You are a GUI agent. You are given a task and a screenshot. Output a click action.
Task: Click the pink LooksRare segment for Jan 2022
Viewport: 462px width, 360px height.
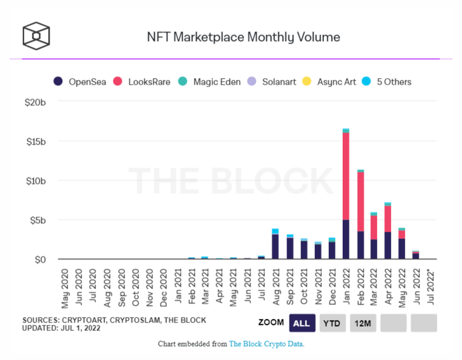pyautogui.click(x=346, y=176)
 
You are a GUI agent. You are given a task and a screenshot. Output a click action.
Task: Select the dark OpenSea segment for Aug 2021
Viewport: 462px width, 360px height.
pyautogui.click(x=275, y=247)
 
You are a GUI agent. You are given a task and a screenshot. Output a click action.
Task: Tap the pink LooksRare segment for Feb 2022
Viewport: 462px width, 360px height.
pyautogui.click(x=360, y=201)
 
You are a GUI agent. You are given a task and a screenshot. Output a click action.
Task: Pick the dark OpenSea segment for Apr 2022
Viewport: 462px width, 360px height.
pyautogui.click(x=388, y=246)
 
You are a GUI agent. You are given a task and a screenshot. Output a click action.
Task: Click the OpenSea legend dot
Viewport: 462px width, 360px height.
pyautogui.click(x=58, y=81)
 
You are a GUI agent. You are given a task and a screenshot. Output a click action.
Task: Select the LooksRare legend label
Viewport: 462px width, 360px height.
pyautogui.click(x=149, y=82)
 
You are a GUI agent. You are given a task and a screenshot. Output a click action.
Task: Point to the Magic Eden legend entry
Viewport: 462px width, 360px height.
pyautogui.click(x=209, y=82)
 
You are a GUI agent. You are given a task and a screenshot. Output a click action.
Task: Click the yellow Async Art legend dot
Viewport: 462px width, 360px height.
pyautogui.click(x=307, y=81)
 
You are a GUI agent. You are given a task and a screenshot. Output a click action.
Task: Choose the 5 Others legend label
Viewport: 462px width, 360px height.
pyautogui.click(x=394, y=82)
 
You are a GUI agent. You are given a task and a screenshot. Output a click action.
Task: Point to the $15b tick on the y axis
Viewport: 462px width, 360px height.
pyautogui.click(x=36, y=142)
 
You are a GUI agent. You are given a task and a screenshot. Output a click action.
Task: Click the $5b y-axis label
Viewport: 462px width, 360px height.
pyautogui.click(x=38, y=220)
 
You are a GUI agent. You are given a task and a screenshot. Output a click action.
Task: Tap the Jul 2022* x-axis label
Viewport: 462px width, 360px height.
pyautogui.click(x=431, y=288)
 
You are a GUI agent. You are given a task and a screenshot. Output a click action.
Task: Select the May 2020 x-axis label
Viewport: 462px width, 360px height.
pyautogui.click(x=65, y=289)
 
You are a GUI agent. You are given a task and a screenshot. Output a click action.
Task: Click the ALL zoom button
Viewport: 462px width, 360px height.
pyautogui.click(x=302, y=323)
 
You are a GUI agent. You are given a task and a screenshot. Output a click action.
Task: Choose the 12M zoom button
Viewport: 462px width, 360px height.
pyautogui.click(x=363, y=323)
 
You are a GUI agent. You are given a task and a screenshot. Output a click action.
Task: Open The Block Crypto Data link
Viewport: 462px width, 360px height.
pyautogui.click(x=266, y=344)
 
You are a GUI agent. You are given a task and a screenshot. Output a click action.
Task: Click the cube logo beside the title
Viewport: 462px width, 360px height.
pyautogui.click(x=36, y=36)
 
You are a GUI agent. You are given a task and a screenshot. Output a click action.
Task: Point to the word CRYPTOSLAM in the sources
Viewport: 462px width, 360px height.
pyautogui.click(x=135, y=320)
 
